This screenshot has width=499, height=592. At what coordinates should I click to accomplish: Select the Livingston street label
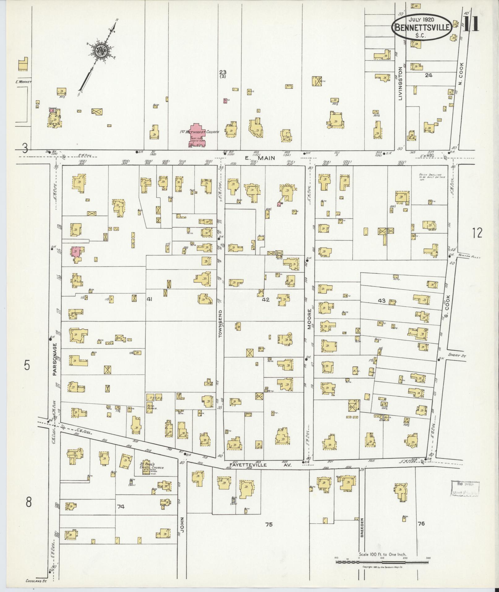pyautogui.click(x=401, y=83)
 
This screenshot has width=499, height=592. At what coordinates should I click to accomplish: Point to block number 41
pyautogui.click(x=150, y=299)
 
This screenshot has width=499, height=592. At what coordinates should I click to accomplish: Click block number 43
pyautogui.click(x=381, y=300)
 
